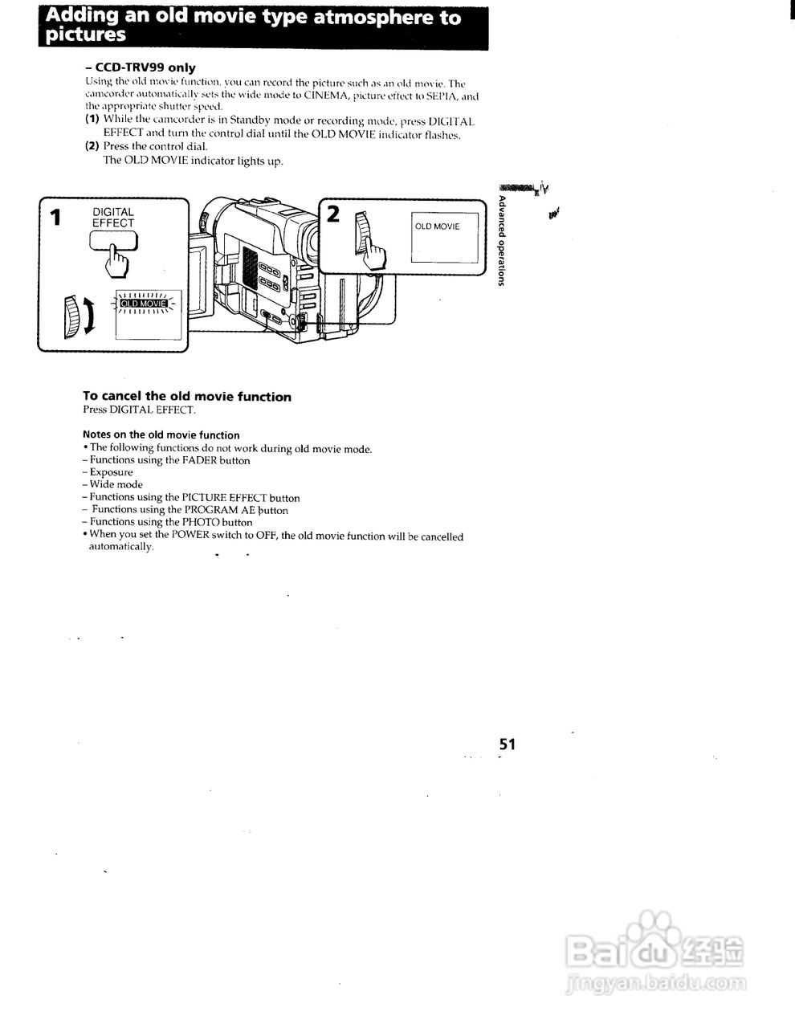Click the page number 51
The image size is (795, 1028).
(506, 744)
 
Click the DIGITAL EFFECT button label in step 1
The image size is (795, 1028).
(113, 218)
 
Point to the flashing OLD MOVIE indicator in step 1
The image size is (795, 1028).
(143, 304)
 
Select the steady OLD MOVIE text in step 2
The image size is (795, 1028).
(438, 226)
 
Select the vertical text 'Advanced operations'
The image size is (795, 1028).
(502, 240)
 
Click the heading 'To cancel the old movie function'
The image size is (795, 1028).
(187, 397)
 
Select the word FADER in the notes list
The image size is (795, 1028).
(200, 461)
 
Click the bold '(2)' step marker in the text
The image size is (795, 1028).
(92, 146)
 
